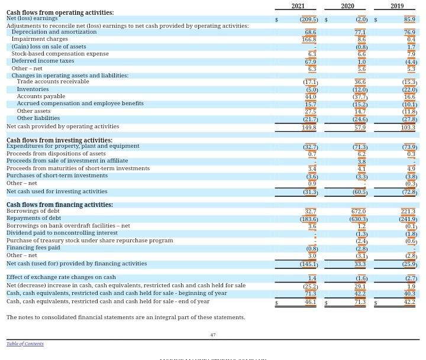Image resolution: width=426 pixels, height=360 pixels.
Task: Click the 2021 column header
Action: pyautogui.click(x=298, y=6)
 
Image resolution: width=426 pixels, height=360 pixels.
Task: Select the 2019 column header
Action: pyautogui.click(x=396, y=6)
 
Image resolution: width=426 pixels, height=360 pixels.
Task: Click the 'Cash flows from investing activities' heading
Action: pyautogui.click(x=59, y=140)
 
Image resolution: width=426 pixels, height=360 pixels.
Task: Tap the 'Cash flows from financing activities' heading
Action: pyautogui.click(x=59, y=205)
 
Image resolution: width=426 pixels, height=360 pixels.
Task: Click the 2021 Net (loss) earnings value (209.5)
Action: pyautogui.click(x=308, y=19)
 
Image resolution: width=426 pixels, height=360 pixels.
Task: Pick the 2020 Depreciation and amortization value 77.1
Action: pyautogui.click(x=360, y=32)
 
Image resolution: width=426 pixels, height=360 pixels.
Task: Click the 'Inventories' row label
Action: pyautogui.click(x=33, y=89)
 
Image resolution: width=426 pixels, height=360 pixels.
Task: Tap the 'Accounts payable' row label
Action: pyautogui.click(x=41, y=96)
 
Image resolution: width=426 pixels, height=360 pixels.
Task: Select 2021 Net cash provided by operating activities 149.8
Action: pyautogui.click(x=309, y=127)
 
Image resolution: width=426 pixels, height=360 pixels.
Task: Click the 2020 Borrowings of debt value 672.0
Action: pyautogui.click(x=358, y=211)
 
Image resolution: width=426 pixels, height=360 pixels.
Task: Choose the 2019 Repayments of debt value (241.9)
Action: pyautogui.click(x=407, y=219)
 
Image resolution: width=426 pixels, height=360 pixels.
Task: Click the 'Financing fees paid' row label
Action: pyautogui.click(x=33, y=248)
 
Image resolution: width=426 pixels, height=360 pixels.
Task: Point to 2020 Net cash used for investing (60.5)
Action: pyautogui.click(x=359, y=192)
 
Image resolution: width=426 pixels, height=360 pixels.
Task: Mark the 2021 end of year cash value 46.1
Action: pyautogui.click(x=310, y=301)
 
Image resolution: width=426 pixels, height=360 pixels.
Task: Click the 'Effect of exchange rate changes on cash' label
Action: pyautogui.click(x=61, y=277)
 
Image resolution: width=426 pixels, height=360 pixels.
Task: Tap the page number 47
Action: pyautogui.click(x=213, y=335)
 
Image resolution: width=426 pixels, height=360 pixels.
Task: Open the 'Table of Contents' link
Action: pyautogui.click(x=25, y=343)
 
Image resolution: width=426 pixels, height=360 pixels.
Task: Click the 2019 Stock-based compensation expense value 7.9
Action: pyautogui.click(x=411, y=54)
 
